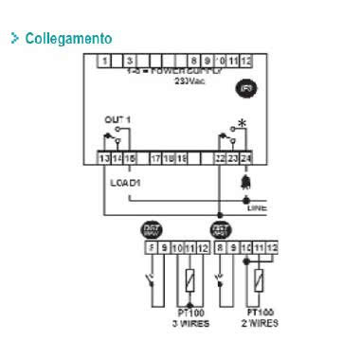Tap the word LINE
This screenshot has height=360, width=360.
(257, 207)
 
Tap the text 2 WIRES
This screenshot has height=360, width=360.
(261, 319)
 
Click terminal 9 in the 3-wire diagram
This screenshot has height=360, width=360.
(163, 248)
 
